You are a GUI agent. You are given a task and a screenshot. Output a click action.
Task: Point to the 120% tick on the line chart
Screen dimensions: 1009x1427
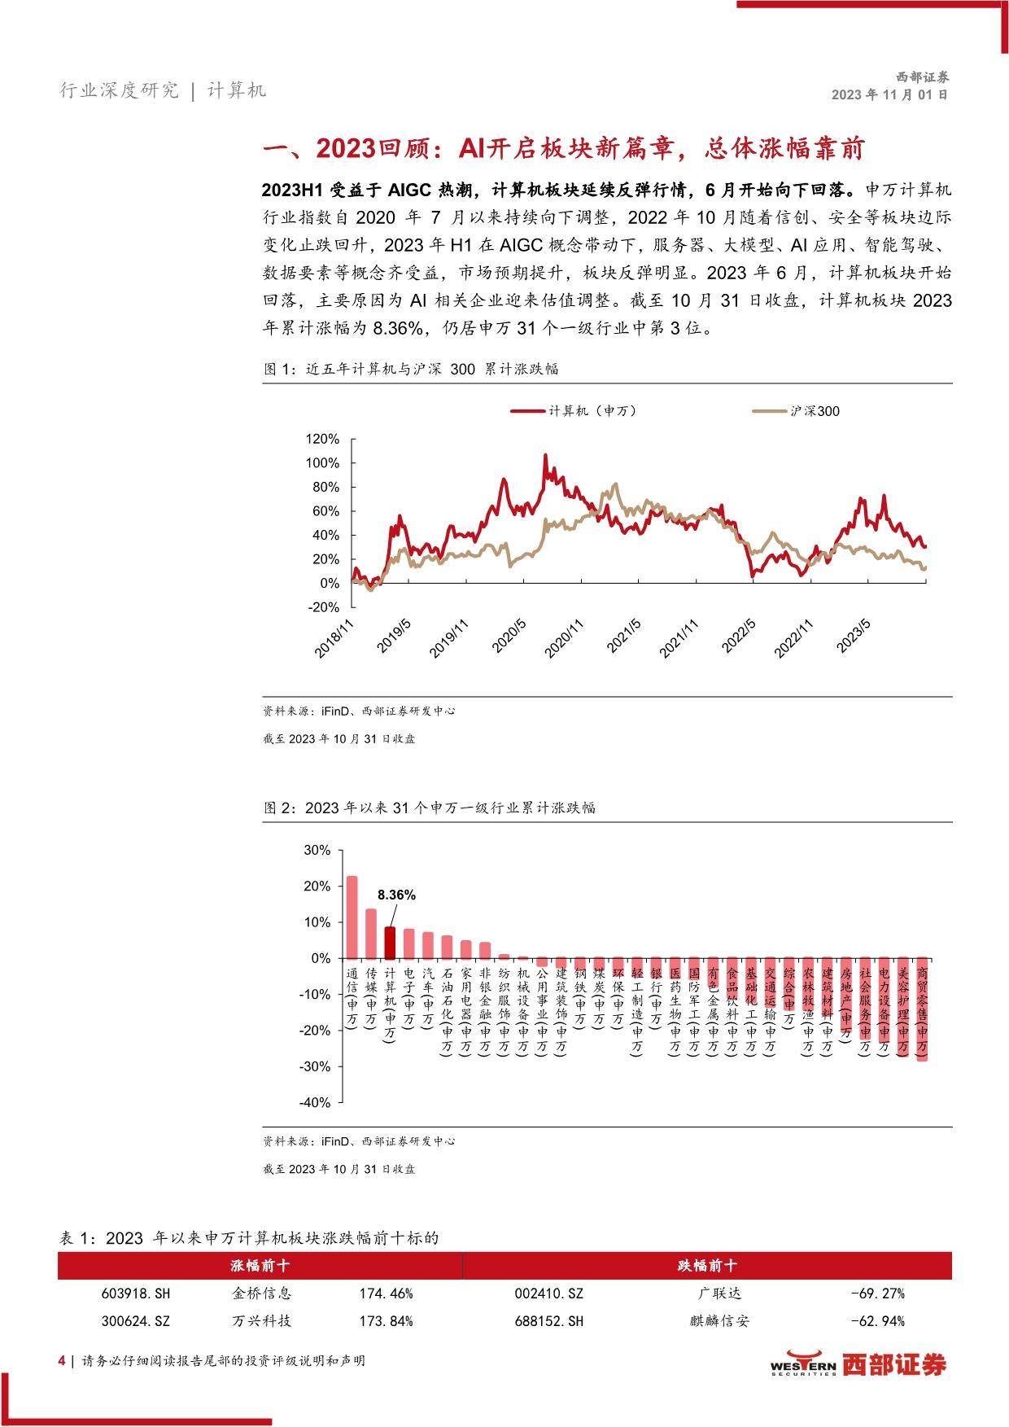(x=321, y=440)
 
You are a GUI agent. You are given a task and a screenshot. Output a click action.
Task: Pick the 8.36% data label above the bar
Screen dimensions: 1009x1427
(x=396, y=895)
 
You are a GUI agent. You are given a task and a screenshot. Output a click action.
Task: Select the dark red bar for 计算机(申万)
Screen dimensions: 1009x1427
(x=390, y=943)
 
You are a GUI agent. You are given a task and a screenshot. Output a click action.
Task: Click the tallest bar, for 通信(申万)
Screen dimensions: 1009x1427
(x=352, y=917)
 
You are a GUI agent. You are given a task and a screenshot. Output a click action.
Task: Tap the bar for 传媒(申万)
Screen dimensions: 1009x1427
(x=371, y=934)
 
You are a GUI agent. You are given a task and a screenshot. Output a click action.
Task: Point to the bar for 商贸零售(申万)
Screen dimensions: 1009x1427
(x=922, y=1009)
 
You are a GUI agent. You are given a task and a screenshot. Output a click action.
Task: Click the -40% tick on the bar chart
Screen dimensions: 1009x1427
(x=317, y=1103)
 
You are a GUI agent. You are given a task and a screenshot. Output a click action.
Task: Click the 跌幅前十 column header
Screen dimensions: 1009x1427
(x=707, y=1266)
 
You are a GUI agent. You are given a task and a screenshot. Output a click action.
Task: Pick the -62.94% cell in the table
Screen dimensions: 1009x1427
(x=877, y=1321)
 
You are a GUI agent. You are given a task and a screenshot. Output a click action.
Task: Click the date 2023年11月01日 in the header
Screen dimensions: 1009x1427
(x=889, y=94)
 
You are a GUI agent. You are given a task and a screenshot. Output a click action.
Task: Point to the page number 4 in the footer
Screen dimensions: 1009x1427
(x=62, y=1360)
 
